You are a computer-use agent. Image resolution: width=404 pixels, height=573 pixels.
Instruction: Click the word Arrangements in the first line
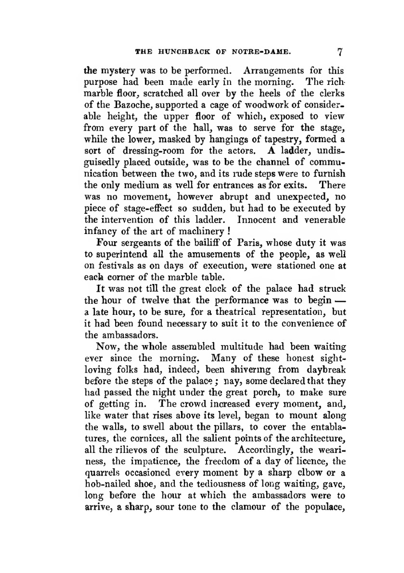point(271,70)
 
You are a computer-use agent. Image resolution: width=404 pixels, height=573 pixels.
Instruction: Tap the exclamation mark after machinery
point(229,232)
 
